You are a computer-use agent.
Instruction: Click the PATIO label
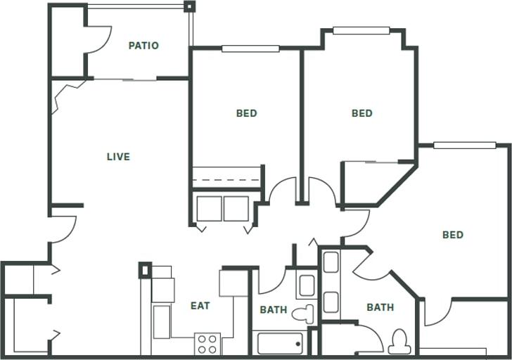143,46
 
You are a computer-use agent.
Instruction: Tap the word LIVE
118,157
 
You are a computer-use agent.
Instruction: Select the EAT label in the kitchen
200,306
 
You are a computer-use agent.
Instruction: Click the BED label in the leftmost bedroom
246,113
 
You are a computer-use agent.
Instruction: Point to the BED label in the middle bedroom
361,113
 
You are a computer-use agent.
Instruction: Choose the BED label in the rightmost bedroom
453,235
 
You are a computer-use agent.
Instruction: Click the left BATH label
274,309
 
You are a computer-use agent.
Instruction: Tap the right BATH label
380,307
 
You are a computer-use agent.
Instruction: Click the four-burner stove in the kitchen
207,344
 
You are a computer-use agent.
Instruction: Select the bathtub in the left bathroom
280,344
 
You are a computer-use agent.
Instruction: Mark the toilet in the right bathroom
400,342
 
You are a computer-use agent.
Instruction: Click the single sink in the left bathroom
306,285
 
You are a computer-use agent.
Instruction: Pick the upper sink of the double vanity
331,262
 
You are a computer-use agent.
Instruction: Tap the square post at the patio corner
188,7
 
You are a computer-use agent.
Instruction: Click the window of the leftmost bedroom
250,49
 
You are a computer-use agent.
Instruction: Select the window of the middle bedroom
361,30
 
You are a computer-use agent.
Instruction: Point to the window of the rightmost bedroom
464,146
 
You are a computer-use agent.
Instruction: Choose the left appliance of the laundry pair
209,209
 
